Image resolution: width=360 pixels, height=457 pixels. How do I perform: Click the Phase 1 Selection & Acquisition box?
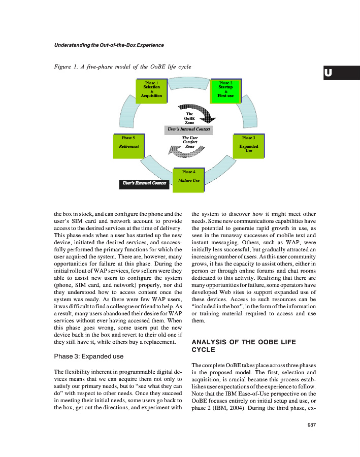click(x=152, y=91)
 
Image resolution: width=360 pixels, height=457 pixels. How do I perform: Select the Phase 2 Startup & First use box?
click(x=225, y=91)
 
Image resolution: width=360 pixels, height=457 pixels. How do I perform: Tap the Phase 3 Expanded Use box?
click(x=248, y=147)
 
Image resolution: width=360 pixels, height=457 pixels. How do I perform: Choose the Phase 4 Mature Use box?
click(x=188, y=180)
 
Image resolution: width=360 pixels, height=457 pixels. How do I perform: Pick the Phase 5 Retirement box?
click(x=129, y=147)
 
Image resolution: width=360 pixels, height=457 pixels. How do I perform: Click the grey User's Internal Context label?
click(x=188, y=129)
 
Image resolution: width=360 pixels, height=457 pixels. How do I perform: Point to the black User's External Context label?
click(x=144, y=183)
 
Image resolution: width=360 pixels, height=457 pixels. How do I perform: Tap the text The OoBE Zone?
click(x=189, y=118)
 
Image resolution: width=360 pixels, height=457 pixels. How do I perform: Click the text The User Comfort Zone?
click(x=189, y=142)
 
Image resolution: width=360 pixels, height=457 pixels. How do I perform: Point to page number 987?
click(x=312, y=426)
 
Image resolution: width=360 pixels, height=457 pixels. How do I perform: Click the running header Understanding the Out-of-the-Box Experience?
click(x=109, y=45)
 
